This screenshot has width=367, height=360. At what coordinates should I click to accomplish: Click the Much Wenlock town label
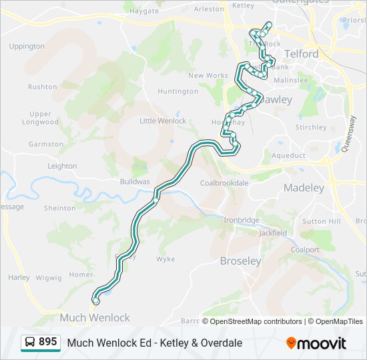(x=95, y=317)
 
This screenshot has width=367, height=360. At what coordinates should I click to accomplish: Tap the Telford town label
(x=301, y=53)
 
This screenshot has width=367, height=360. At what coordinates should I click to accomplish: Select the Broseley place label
(x=241, y=261)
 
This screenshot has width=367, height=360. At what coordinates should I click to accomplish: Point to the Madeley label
(x=304, y=188)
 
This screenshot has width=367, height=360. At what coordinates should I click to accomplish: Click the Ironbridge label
(x=241, y=220)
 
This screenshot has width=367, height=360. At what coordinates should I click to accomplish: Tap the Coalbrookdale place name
(x=224, y=183)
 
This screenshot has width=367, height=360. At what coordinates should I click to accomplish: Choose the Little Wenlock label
(x=163, y=121)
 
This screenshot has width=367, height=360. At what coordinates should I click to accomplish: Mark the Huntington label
(x=177, y=91)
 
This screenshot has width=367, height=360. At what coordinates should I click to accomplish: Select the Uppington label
(x=27, y=47)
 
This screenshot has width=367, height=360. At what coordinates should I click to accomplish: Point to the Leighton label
(x=63, y=166)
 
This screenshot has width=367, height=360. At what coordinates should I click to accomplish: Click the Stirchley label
(x=311, y=127)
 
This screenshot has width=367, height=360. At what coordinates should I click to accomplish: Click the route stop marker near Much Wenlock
(x=95, y=301)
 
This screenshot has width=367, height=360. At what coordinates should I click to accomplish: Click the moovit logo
(x=316, y=343)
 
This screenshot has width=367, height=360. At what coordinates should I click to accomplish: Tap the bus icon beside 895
(x=30, y=343)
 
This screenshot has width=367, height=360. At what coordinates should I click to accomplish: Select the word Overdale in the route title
(x=221, y=343)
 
